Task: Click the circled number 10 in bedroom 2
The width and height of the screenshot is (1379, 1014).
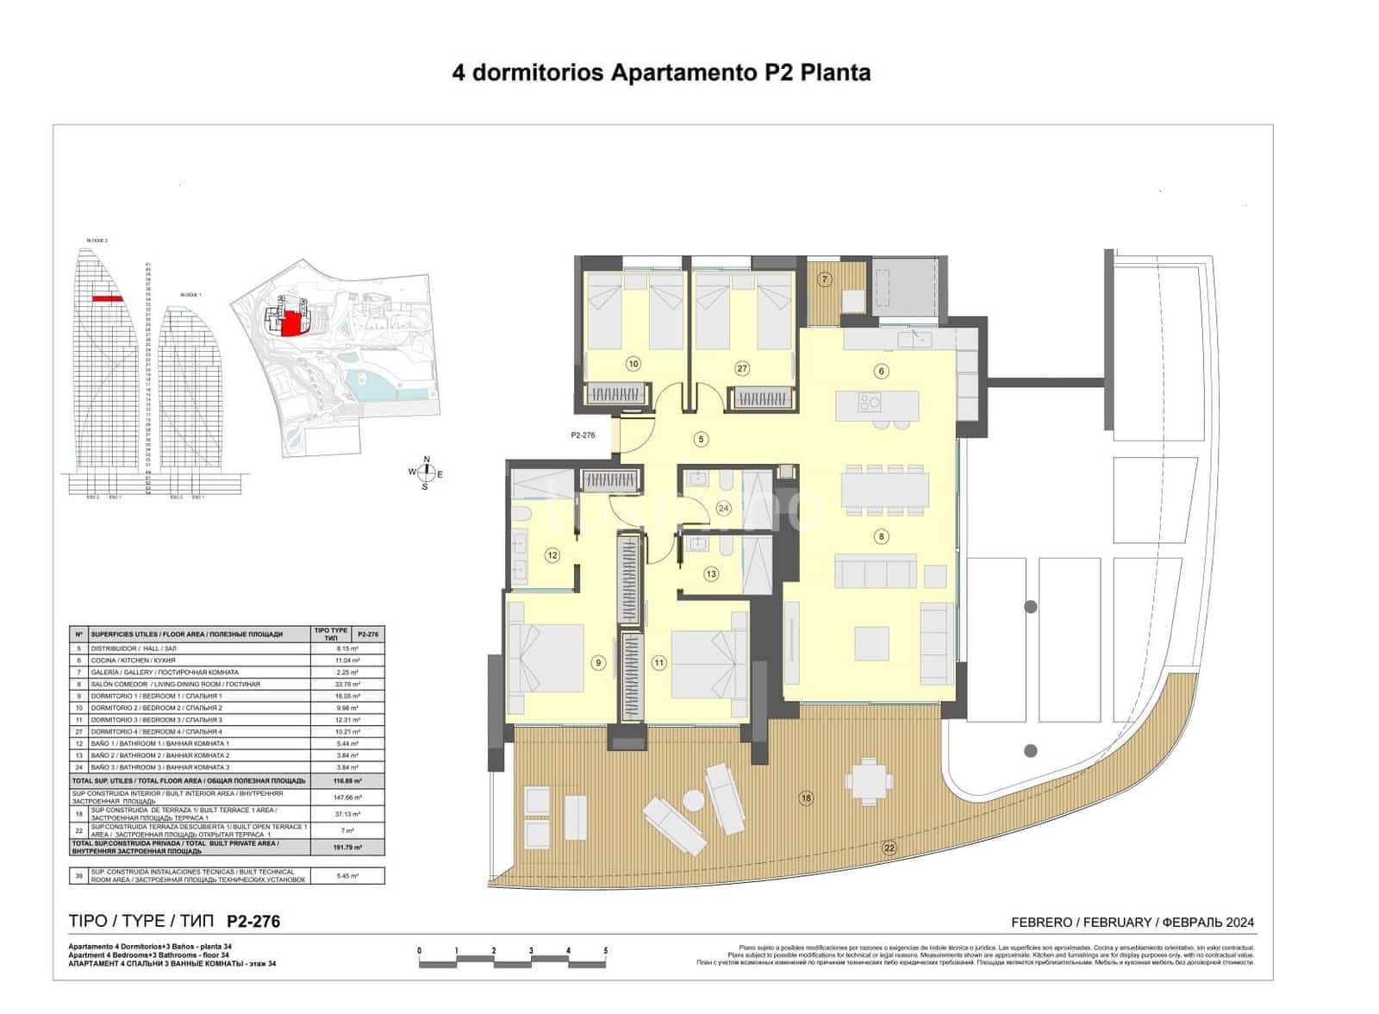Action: click(633, 364)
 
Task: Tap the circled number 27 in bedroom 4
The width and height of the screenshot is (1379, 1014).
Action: click(742, 368)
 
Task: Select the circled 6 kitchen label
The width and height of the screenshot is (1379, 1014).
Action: click(881, 372)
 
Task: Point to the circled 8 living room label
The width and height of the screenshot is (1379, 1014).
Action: click(881, 536)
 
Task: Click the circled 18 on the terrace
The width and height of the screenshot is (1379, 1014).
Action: click(806, 798)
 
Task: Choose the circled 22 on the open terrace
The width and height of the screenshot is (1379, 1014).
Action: click(889, 848)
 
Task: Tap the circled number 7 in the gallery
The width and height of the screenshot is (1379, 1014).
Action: click(825, 279)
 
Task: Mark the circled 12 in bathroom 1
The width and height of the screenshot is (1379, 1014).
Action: click(552, 556)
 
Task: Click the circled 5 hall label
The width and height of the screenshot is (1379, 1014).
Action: click(702, 440)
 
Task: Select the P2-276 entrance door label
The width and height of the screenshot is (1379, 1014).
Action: click(583, 435)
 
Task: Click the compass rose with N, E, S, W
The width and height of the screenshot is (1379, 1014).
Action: click(425, 473)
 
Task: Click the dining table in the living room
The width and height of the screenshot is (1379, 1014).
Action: click(884, 489)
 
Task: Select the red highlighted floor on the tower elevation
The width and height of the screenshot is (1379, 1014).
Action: click(108, 298)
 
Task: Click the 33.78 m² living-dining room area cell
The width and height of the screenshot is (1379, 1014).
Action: click(348, 684)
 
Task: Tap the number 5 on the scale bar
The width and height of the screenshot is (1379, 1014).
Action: click(605, 951)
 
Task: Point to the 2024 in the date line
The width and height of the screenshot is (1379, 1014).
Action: click(1239, 922)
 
